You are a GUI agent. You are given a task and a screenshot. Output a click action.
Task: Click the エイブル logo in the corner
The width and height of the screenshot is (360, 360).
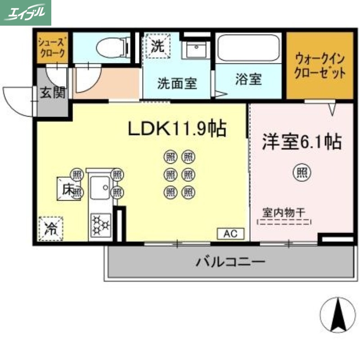26,13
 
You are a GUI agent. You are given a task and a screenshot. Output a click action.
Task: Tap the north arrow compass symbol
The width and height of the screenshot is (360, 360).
337,315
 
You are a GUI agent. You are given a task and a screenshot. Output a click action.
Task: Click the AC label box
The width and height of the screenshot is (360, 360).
231,234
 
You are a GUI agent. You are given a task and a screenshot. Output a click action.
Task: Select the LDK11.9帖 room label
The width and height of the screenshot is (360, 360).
177,130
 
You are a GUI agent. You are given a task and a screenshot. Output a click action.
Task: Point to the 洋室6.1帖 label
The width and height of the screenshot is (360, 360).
302,142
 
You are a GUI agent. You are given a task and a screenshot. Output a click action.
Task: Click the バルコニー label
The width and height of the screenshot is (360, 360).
230,261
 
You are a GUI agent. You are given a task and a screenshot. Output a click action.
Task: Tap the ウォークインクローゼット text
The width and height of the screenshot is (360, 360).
320,66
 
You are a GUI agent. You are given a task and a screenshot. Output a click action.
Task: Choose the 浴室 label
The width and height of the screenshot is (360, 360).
248,79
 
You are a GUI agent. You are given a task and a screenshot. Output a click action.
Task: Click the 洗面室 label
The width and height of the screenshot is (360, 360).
177,84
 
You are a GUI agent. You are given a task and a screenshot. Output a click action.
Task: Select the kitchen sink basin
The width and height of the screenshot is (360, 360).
100,188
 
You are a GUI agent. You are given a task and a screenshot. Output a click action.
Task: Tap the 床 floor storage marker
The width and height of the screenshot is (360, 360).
67,189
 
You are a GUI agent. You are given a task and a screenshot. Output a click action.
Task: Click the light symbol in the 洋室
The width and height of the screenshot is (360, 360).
302,171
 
